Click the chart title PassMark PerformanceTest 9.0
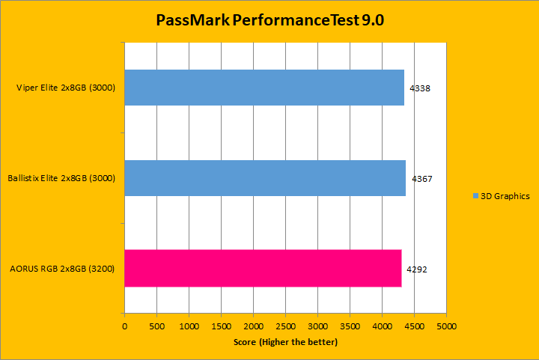[x=269, y=20]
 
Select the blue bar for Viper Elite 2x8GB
[x=264, y=88]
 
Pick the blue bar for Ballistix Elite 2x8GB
[x=265, y=178]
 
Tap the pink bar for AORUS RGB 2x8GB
[x=263, y=268]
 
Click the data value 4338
[x=420, y=88]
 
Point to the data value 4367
[x=421, y=179]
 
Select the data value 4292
[x=417, y=269]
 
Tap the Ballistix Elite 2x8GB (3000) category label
[x=61, y=179]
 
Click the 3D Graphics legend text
[x=505, y=196]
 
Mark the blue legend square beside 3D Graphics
[x=475, y=196]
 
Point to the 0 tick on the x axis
[x=124, y=327]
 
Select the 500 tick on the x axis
[x=156, y=327]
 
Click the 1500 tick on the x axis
[x=221, y=327]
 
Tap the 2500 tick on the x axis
[x=285, y=327]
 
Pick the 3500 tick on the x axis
[x=350, y=327]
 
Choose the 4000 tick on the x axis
[x=383, y=327]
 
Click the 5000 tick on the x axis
[x=447, y=327]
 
